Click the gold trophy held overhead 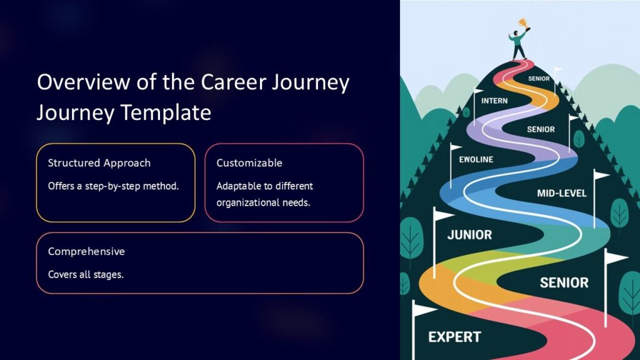tap(521, 23)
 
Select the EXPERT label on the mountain tap(454, 337)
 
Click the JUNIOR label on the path tap(469, 236)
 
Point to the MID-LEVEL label tap(562, 194)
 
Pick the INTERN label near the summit tap(494, 101)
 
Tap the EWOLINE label tap(476, 159)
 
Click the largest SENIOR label tap(564, 283)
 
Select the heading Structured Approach tap(99, 163)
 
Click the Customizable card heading tap(249, 163)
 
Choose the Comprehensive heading tap(86, 251)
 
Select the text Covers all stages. tap(86, 274)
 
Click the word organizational tap(247, 202)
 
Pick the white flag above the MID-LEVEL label tap(601, 176)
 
